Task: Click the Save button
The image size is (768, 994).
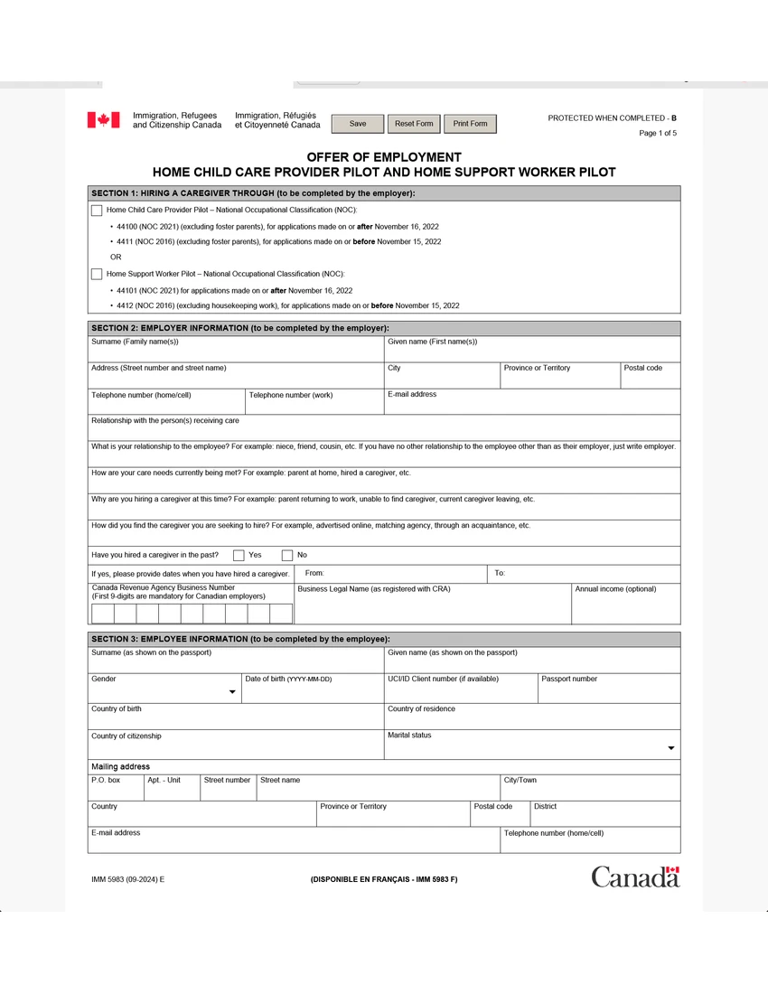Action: [x=358, y=124]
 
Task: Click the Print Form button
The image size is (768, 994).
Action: [x=470, y=124]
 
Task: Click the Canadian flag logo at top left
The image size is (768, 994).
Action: [x=103, y=120]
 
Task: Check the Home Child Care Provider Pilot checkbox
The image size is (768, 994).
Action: [x=97, y=211]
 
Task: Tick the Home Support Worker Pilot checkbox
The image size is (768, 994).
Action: [x=97, y=274]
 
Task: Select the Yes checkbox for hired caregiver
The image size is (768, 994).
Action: [x=239, y=556]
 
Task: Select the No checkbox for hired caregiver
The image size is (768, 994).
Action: [x=287, y=556]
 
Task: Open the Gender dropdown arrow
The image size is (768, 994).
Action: [x=232, y=693]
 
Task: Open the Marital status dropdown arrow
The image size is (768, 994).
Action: [x=670, y=748]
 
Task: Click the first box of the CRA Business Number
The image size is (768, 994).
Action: [x=102, y=614]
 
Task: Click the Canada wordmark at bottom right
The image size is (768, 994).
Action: [x=635, y=877]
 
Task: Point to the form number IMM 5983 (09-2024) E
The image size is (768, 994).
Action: [x=127, y=879]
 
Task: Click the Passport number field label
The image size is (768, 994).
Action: [x=569, y=679]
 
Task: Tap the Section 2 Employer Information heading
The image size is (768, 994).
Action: [x=240, y=328]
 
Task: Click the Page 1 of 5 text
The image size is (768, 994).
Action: [x=657, y=134]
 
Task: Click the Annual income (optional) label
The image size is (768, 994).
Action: [x=615, y=589]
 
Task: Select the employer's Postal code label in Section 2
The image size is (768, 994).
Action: [x=642, y=368]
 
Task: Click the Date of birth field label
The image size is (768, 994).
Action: [x=288, y=679]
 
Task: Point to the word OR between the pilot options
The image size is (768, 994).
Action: [x=116, y=258]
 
